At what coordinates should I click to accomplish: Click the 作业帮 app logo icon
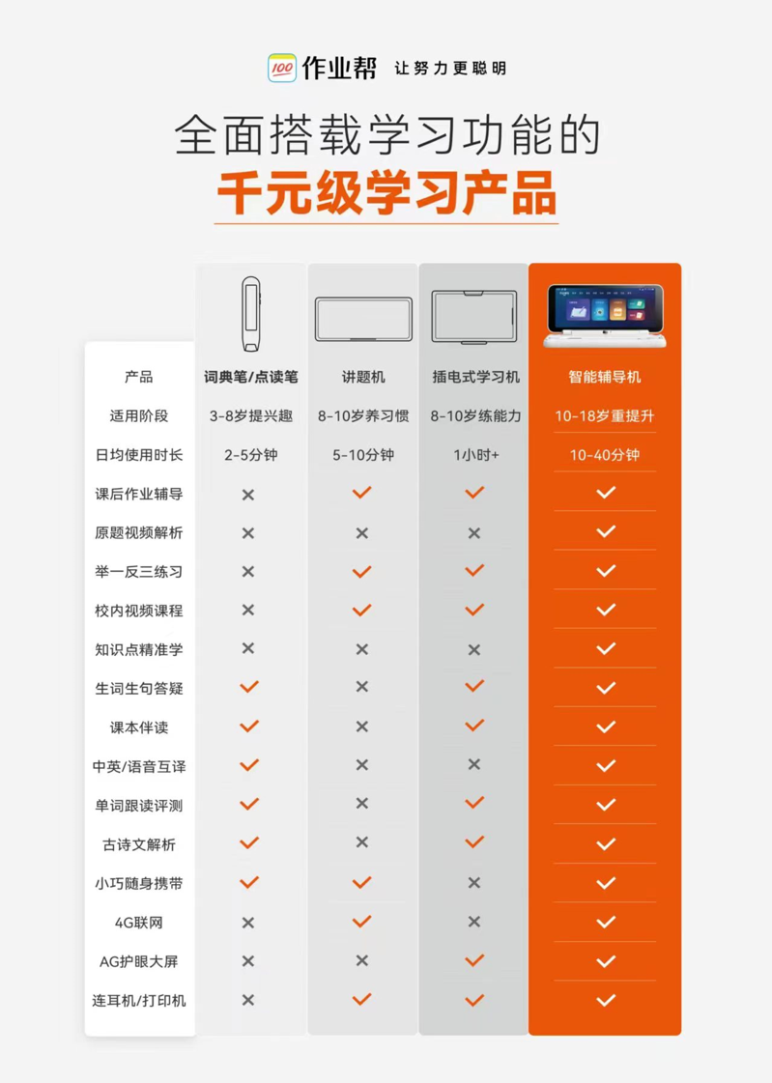tap(282, 68)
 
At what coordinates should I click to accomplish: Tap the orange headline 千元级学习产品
tap(386, 192)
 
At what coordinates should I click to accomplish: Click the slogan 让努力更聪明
tap(450, 69)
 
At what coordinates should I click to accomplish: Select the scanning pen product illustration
tap(250, 314)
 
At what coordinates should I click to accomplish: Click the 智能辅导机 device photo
tap(605, 316)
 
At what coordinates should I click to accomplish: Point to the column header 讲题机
tap(363, 377)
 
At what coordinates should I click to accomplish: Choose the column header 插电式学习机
tap(475, 377)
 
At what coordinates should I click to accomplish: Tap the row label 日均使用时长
tap(139, 455)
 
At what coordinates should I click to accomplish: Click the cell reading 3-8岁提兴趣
tap(251, 415)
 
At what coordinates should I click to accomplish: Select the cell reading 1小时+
tap(475, 455)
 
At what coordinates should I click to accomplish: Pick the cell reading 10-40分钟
tap(605, 455)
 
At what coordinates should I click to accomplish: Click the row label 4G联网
tap(139, 923)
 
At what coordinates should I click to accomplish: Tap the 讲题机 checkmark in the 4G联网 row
tap(361, 922)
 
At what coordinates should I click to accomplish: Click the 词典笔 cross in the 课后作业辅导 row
tap(248, 495)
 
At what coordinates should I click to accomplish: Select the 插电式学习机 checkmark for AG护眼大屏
tap(474, 960)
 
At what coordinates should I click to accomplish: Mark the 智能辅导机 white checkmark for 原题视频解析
tap(606, 531)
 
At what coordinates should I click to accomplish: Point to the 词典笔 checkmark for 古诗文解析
tap(249, 843)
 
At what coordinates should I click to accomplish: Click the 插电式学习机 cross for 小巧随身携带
tap(473, 883)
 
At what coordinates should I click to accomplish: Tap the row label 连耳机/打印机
tap(139, 1001)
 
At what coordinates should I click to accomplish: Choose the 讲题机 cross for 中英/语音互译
tap(361, 765)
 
